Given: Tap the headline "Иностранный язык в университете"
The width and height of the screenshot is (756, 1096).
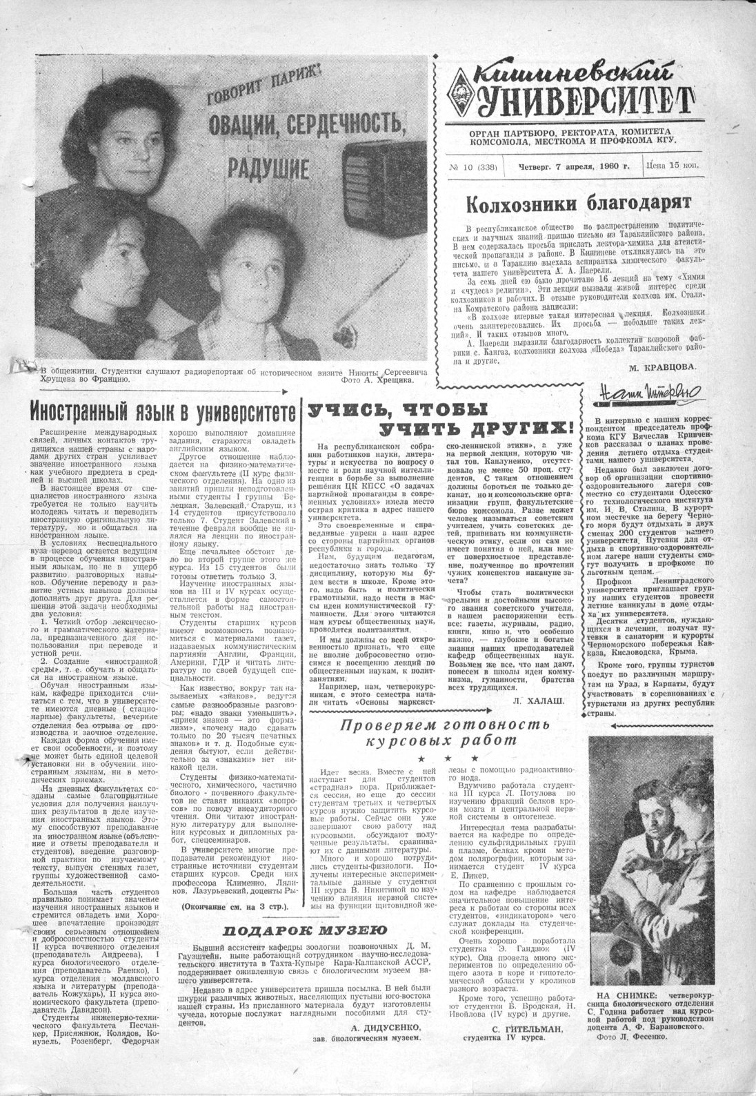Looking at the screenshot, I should coord(162,411).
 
